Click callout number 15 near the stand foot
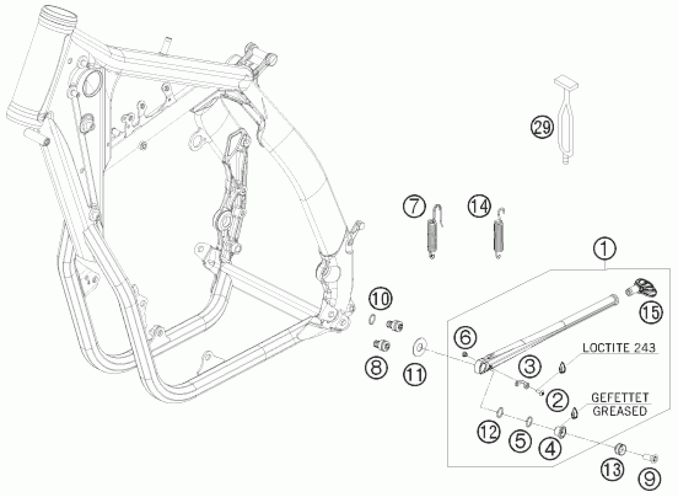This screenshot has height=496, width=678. (651, 312)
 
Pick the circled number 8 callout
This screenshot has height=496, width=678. (376, 368)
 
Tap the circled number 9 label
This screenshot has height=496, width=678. (649, 478)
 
